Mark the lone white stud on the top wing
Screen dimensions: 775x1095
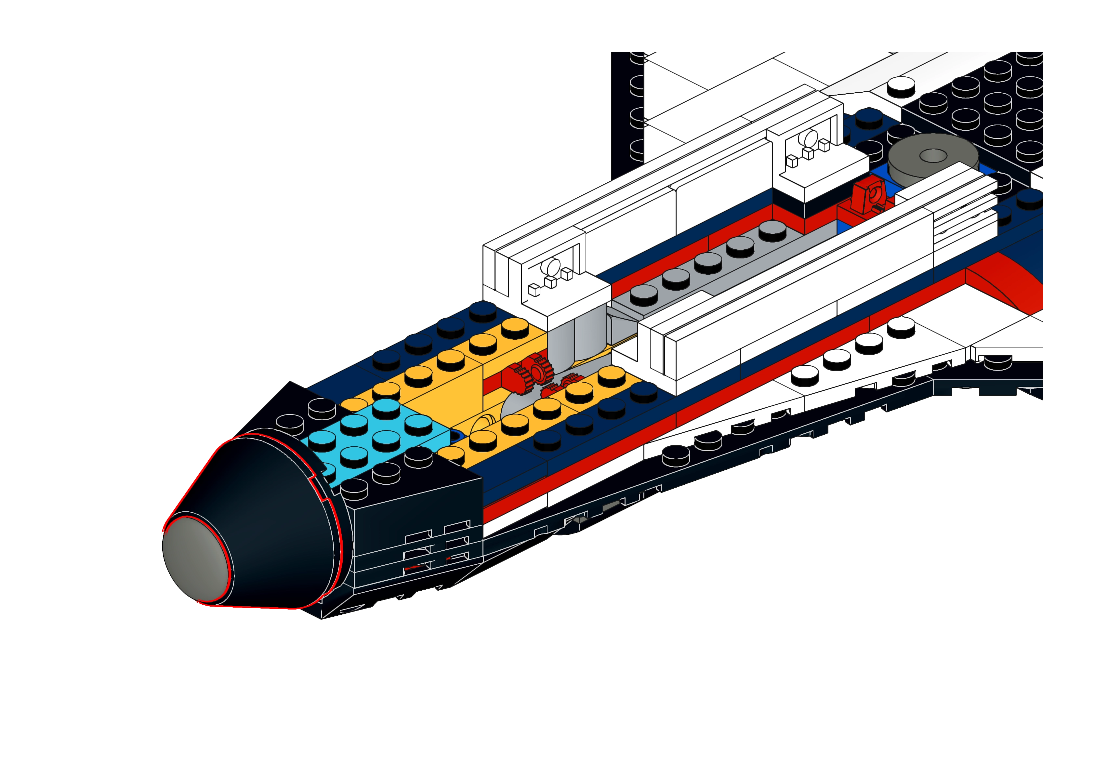pyautogui.click(x=901, y=87)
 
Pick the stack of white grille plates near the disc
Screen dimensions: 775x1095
pyautogui.click(x=964, y=210)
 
